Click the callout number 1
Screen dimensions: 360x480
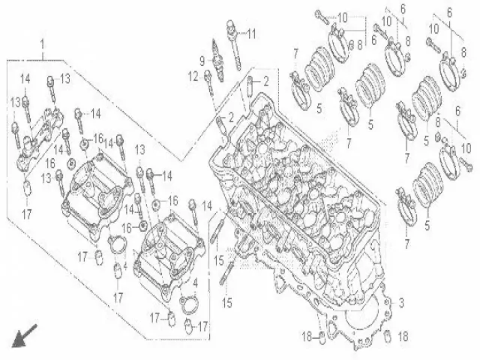point(42,44)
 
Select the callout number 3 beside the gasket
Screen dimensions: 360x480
point(401,302)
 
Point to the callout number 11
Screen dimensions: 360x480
point(252,34)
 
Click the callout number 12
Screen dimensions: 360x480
point(193,75)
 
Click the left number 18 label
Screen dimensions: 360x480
point(306,334)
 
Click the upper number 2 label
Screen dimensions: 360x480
point(263,81)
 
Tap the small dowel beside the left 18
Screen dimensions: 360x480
point(322,334)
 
